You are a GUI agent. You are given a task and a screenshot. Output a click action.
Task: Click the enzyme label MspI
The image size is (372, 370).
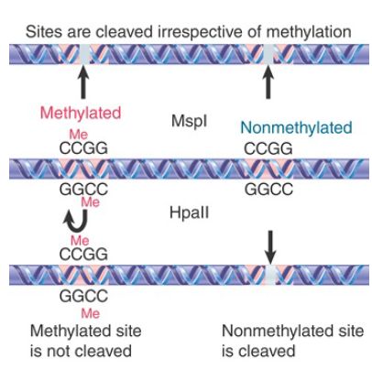189,121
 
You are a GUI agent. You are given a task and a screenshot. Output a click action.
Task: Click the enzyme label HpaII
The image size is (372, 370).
190,212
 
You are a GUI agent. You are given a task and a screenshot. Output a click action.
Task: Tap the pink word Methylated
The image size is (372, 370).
81,113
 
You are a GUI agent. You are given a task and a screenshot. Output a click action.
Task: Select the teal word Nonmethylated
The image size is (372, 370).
296,127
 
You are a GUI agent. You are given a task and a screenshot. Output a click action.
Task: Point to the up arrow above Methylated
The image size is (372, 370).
83,82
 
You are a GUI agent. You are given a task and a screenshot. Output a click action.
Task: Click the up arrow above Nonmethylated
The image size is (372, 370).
268,82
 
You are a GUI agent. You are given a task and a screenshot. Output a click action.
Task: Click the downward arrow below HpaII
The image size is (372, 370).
270,247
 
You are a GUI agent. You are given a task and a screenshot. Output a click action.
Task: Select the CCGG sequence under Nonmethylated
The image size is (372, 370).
268,149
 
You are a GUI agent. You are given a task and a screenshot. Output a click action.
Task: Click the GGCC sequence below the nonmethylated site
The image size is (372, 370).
268,190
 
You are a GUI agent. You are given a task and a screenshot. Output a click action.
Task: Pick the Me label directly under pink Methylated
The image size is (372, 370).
79,135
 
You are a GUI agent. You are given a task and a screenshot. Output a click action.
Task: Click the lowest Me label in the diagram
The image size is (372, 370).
91,313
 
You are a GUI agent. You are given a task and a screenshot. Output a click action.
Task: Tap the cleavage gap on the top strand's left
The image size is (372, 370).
84,54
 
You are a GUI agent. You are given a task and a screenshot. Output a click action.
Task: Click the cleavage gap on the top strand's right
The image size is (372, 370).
268,54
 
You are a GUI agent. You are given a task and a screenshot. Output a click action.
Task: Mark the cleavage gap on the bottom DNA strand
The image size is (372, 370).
270,275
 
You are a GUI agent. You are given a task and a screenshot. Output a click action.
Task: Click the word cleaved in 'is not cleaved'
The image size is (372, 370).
104,351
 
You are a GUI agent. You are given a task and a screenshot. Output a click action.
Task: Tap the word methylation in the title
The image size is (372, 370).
309,32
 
